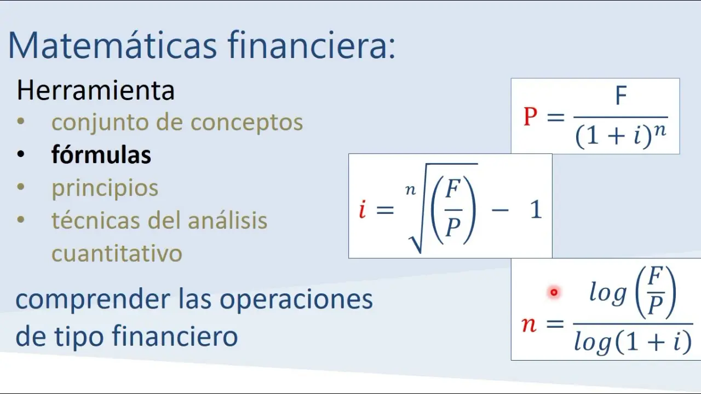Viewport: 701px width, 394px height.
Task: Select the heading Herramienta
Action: point(95,90)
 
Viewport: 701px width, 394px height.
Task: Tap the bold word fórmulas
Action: point(101,154)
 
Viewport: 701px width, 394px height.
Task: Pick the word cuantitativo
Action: point(117,253)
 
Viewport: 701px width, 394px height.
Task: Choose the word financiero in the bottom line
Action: point(175,335)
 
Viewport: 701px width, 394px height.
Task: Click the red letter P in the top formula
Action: point(531,117)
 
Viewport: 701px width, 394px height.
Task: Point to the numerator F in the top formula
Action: point(621,95)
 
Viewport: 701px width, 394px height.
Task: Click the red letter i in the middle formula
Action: point(363,210)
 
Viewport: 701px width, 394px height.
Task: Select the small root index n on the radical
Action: point(411,190)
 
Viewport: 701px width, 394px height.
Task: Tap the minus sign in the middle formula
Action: point(500,210)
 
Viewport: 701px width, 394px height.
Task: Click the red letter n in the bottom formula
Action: point(529,325)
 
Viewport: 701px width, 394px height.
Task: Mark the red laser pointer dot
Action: point(554,292)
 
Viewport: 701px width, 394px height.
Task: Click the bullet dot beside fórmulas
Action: point(21,154)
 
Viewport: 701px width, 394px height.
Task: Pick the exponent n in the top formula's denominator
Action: point(660,130)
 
